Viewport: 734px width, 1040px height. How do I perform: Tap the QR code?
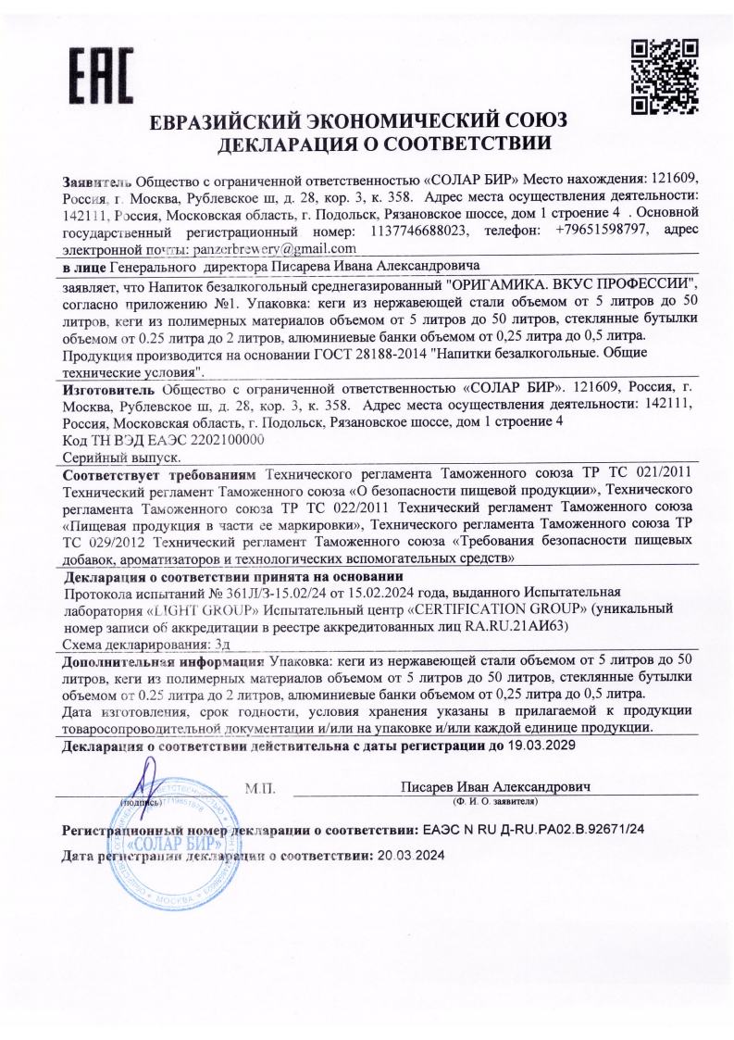(665, 75)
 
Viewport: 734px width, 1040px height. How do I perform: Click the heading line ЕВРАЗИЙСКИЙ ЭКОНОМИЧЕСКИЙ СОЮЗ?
(367, 123)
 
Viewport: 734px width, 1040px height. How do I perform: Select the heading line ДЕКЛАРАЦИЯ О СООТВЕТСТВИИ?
(367, 144)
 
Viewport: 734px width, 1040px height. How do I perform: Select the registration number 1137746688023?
(418, 232)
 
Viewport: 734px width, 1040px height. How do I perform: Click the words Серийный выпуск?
(119, 457)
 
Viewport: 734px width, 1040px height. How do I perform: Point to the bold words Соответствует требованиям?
(159, 473)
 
